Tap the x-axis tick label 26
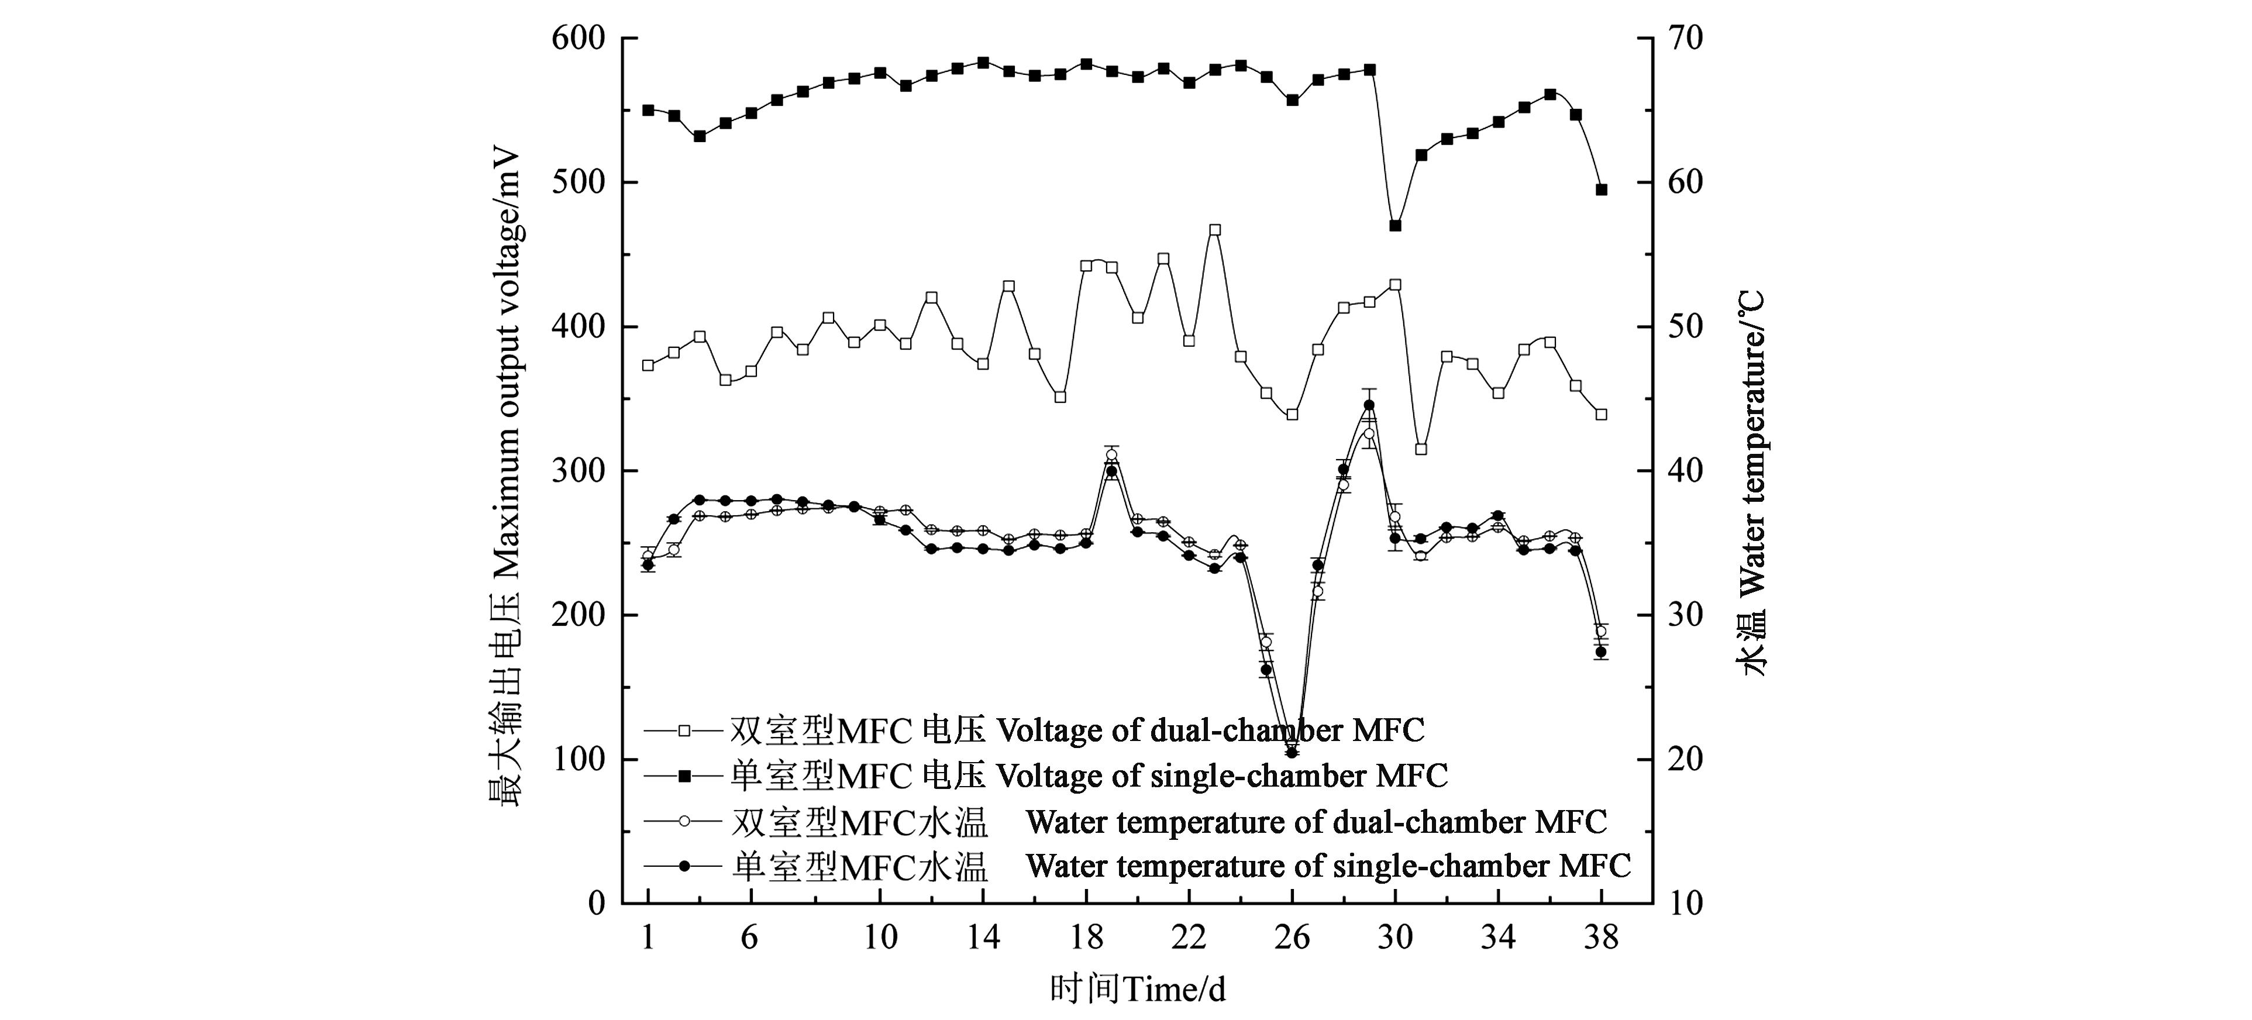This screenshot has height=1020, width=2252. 1292,938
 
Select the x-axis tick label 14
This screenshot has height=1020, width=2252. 983,938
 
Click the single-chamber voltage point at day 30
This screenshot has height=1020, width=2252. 1395,226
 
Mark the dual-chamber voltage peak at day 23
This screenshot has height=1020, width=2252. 1214,230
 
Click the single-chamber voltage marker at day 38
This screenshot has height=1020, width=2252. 1602,189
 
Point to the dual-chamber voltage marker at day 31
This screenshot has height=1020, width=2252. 1421,449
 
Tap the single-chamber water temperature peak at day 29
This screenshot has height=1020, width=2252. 1369,405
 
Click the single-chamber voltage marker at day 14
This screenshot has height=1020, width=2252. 983,62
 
